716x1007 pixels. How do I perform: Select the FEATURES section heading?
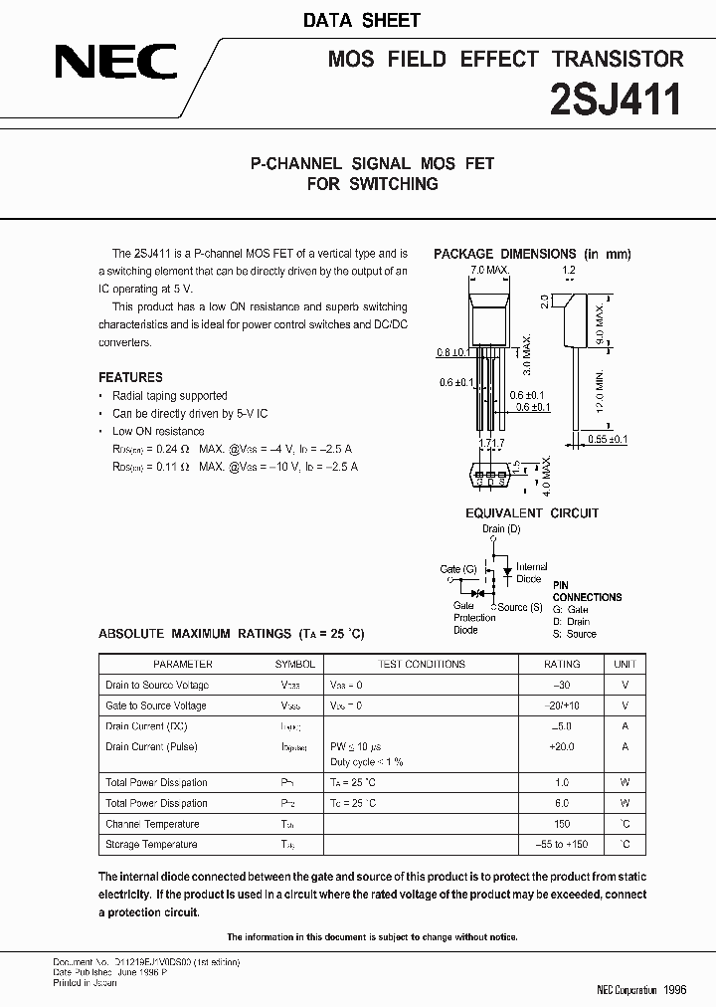(x=130, y=377)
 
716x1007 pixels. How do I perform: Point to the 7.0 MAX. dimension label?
(x=489, y=270)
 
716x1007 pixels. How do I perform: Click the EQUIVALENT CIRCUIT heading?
(x=532, y=513)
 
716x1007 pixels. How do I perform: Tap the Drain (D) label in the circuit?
(x=501, y=528)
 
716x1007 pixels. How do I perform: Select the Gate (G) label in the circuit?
(x=458, y=569)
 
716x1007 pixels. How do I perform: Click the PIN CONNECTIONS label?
(x=587, y=591)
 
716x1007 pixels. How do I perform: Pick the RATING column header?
(x=562, y=664)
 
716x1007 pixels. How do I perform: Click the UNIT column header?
(x=625, y=664)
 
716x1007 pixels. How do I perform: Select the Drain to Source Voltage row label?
(x=157, y=685)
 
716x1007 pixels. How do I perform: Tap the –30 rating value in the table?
(x=562, y=685)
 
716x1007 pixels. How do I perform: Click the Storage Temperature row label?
(x=151, y=844)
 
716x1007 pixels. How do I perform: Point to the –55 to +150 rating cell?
(x=562, y=844)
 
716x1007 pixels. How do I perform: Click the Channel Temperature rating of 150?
(x=562, y=824)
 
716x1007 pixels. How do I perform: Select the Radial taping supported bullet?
(x=169, y=395)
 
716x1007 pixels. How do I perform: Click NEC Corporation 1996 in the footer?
(x=641, y=990)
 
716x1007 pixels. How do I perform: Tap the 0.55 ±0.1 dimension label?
(x=608, y=439)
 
